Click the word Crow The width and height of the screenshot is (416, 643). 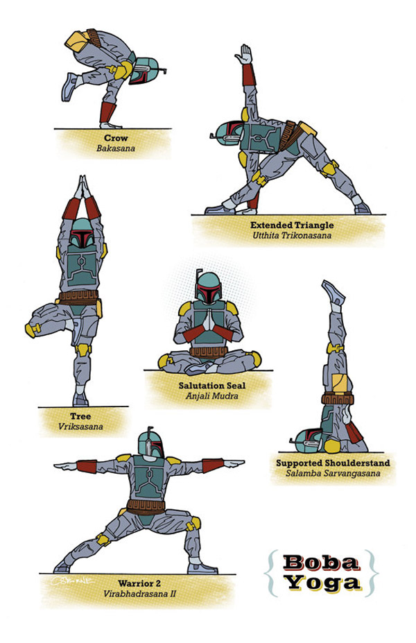click(x=116, y=138)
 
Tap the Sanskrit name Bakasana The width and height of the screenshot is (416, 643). click(x=116, y=148)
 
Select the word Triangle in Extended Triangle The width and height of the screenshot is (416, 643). click(x=313, y=225)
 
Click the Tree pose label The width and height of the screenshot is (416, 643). click(x=80, y=416)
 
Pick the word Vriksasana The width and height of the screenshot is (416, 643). click(x=80, y=427)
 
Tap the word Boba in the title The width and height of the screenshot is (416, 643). click(x=320, y=563)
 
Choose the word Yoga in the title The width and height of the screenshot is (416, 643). click(x=323, y=583)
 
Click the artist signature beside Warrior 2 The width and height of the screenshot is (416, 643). click(x=72, y=581)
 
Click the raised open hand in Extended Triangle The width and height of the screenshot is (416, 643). click(x=245, y=54)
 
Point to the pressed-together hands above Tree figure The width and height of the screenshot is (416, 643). click(x=83, y=187)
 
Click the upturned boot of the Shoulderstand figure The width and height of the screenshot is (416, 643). click(x=333, y=292)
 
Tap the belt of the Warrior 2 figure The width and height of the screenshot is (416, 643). click(x=146, y=507)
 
